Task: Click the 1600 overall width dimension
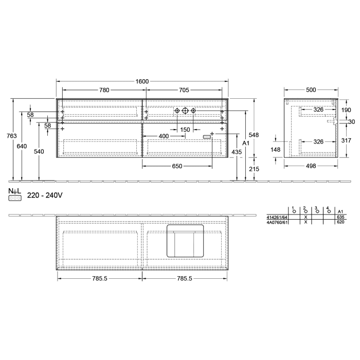click(x=142, y=81)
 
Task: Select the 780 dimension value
click(x=104, y=90)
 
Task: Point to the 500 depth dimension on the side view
click(x=311, y=90)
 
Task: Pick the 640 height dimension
click(x=22, y=146)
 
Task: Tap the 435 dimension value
click(x=236, y=152)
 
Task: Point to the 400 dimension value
click(x=164, y=136)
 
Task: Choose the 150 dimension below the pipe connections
click(x=185, y=130)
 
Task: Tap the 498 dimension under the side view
click(x=311, y=166)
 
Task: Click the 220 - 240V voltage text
click(x=45, y=195)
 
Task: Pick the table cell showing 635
click(x=339, y=217)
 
